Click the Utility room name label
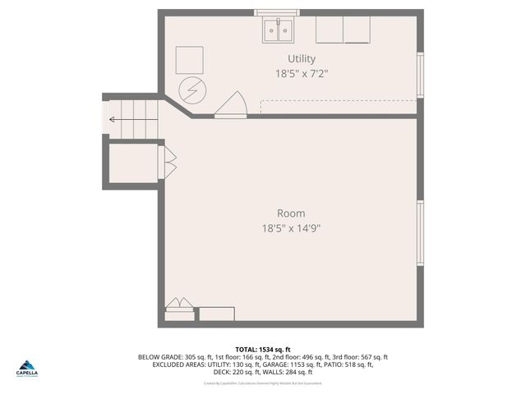[x=302, y=58]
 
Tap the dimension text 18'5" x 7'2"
[x=302, y=73]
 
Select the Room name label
[x=291, y=213]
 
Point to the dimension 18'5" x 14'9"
[x=291, y=228]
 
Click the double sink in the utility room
[x=279, y=31]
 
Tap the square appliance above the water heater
[x=190, y=59]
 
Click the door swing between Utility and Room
[x=231, y=106]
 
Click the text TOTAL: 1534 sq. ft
[x=263, y=349]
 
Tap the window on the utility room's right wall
[x=420, y=76]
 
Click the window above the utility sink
[x=279, y=13]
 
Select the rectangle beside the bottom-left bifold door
[x=217, y=314]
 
